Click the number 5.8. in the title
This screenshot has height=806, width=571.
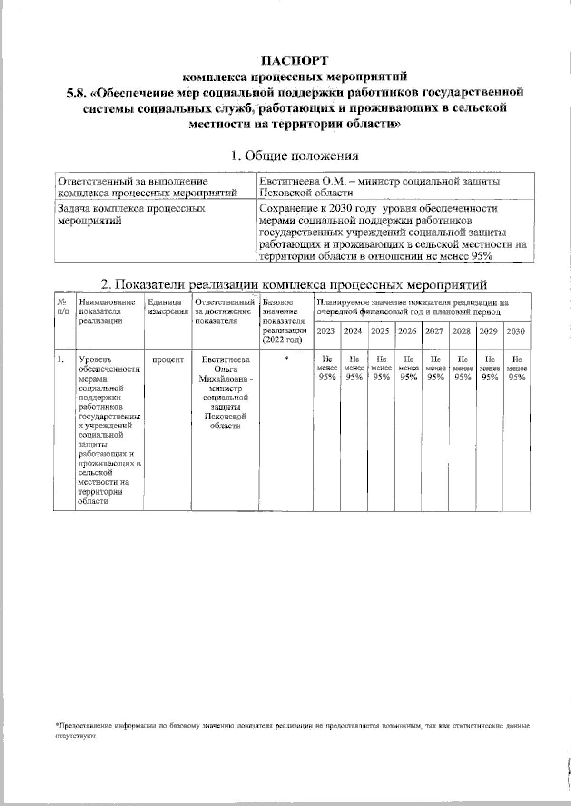tap(77, 92)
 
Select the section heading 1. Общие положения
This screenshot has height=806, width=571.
tap(294, 156)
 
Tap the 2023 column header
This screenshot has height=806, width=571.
tap(326, 331)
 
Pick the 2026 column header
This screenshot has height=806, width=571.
tap(407, 331)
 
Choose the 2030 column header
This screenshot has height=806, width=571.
tap(515, 331)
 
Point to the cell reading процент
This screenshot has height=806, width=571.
tap(167, 360)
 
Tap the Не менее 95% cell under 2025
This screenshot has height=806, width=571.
tap(381, 368)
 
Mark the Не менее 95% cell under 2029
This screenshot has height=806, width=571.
tap(489, 368)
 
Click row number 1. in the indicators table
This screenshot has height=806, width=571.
tap(60, 360)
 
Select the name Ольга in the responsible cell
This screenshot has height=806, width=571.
tap(226, 369)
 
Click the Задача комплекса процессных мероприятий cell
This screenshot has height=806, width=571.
tap(131, 214)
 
